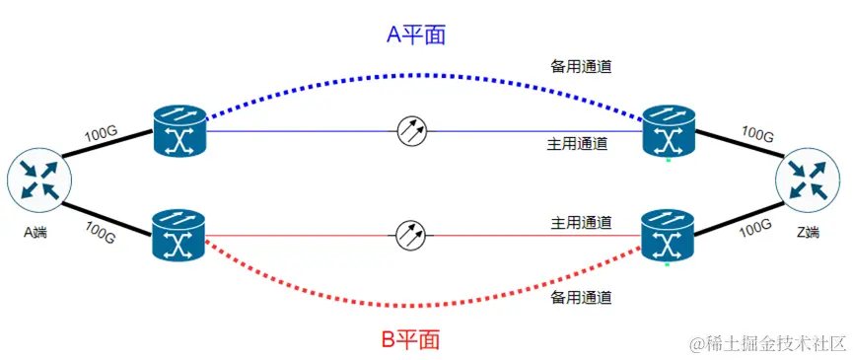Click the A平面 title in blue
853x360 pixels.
coord(415,36)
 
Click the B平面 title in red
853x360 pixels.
coord(410,340)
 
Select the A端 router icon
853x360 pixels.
coord(36,180)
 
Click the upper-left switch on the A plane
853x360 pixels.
coord(178,131)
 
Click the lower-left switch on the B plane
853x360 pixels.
coord(178,235)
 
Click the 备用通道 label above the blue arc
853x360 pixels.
coord(581,67)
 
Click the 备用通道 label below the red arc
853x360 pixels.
coord(581,297)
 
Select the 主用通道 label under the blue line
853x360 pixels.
coord(577,144)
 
